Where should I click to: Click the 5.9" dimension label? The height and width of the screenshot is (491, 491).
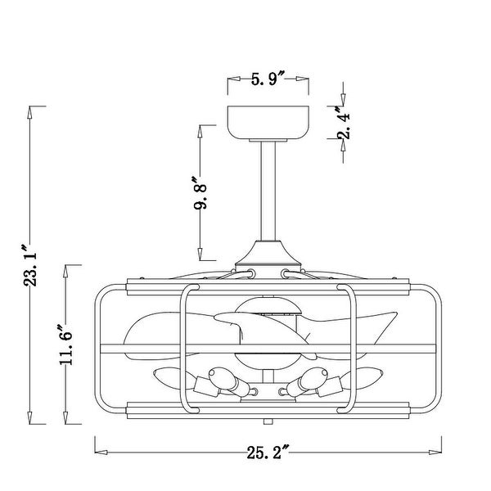click(266, 79)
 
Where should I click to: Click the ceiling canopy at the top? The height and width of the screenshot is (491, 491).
click(268, 123)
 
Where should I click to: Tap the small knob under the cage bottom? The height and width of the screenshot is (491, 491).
click(268, 422)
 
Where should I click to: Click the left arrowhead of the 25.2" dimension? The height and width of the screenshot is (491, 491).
click(99, 450)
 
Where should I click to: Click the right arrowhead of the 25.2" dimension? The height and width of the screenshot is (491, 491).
click(438, 450)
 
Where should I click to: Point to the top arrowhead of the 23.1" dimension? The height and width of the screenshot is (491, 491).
click(32, 111)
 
